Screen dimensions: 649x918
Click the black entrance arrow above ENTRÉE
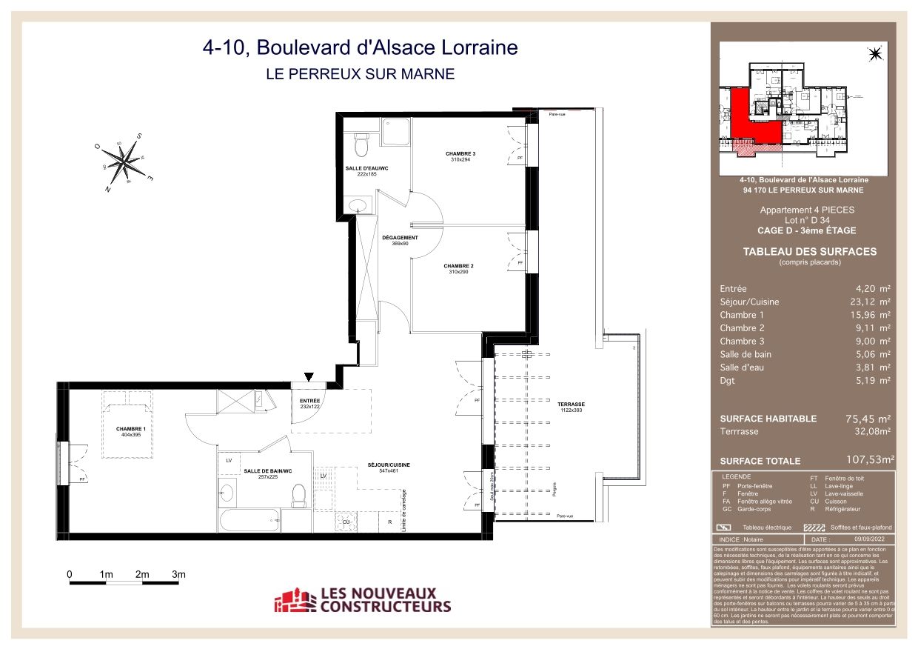coord(309,377)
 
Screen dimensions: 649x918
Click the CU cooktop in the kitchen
coord(345,522)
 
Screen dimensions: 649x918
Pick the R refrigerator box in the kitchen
coord(389,522)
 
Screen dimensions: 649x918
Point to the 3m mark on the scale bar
coord(178,574)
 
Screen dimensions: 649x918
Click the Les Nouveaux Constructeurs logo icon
coord(294,600)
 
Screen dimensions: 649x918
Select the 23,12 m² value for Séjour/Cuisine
coord(873,302)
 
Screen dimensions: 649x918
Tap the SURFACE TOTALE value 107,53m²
coord(870,460)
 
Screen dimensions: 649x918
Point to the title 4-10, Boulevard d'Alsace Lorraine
coord(360,48)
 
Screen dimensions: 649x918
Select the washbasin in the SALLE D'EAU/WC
coord(358,204)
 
